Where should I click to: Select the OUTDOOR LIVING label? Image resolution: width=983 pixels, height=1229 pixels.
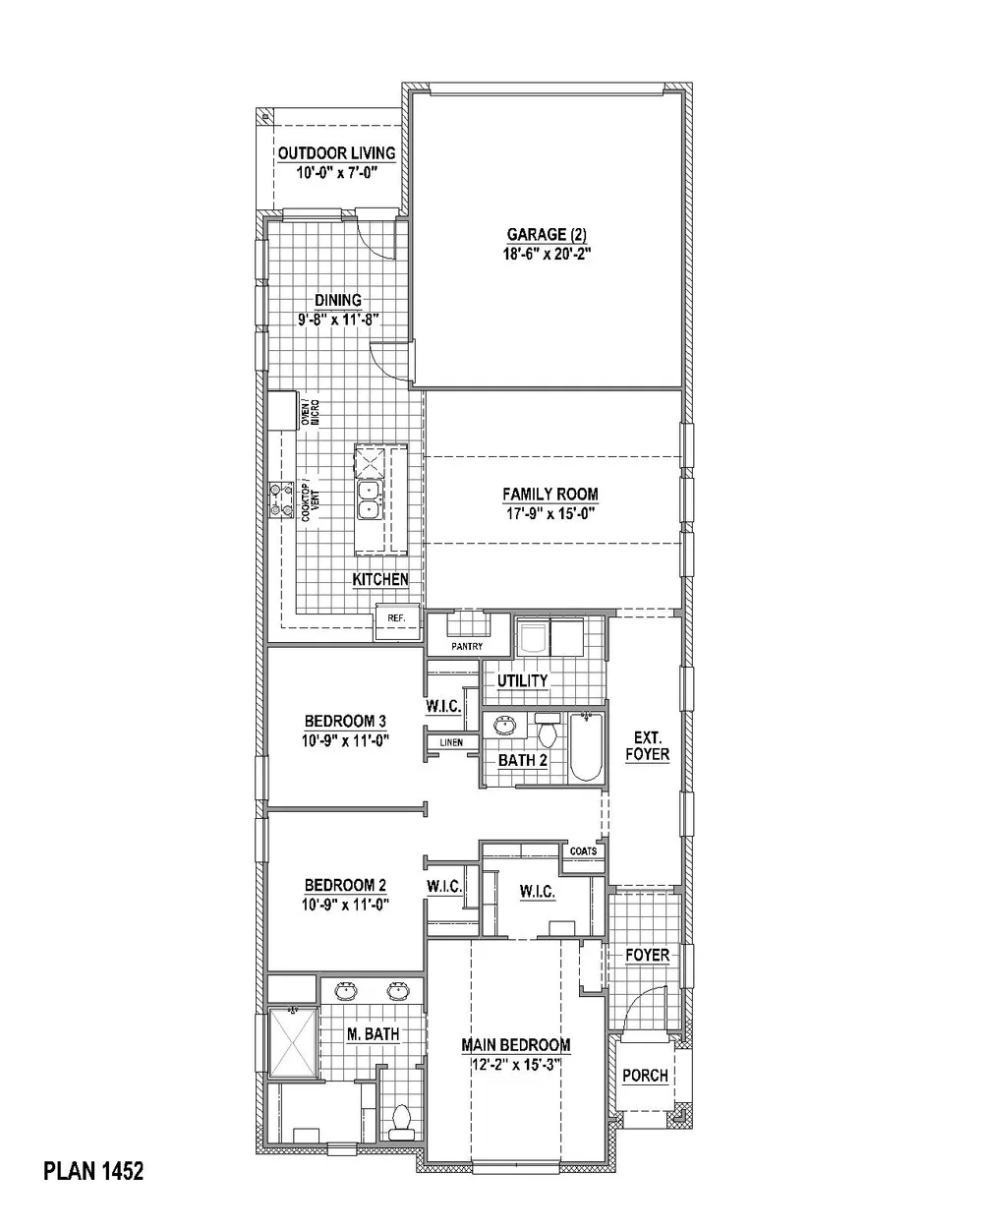[x=336, y=153]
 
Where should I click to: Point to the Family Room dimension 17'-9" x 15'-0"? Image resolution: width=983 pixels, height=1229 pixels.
[x=550, y=512]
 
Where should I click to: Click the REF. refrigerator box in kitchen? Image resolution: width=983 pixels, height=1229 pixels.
[x=397, y=618]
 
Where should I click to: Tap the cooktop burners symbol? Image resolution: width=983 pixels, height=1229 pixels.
[x=282, y=499]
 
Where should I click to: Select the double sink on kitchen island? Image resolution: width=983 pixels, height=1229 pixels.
[x=370, y=499]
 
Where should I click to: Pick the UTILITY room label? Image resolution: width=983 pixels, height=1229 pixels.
[x=522, y=680]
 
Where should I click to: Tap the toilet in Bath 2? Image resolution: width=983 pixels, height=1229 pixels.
[x=548, y=733]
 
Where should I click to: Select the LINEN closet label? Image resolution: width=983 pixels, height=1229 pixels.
[x=451, y=742]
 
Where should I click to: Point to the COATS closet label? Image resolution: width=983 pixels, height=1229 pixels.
[x=583, y=851]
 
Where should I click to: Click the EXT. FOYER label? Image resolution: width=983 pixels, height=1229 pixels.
[x=646, y=746]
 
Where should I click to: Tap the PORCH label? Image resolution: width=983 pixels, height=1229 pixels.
[x=646, y=1075]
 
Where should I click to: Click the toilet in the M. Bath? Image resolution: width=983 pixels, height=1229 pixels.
[x=401, y=1121]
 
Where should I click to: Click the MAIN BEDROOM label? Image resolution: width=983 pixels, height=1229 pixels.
[x=516, y=1045]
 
